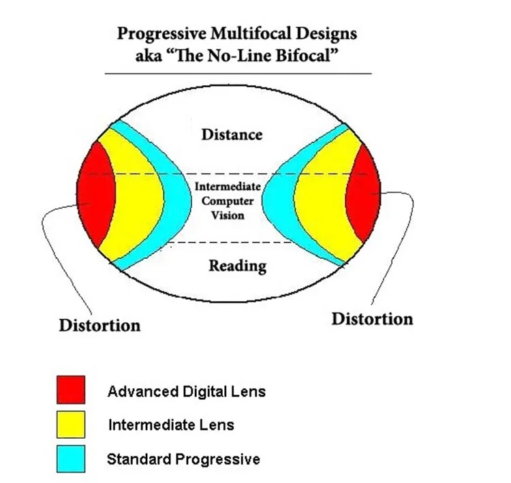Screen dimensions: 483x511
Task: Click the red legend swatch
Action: coord(71,390)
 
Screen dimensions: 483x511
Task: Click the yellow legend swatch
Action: coord(71,424)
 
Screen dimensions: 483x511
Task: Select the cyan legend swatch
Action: coord(71,458)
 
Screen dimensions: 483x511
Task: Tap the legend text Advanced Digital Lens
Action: coord(186,392)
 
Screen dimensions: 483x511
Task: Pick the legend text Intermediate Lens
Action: coord(171,425)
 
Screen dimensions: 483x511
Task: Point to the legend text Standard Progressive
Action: coord(183,459)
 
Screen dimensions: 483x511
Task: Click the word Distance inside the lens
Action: coord(232,134)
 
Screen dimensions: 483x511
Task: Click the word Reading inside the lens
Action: coord(236,265)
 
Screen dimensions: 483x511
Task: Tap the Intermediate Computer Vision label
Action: coord(224,200)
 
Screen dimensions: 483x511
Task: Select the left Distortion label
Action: coord(99,324)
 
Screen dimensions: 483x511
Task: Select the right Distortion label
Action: coord(372,318)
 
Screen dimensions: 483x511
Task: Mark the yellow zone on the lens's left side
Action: coord(136,198)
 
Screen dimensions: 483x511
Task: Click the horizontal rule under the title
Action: coord(238,72)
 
